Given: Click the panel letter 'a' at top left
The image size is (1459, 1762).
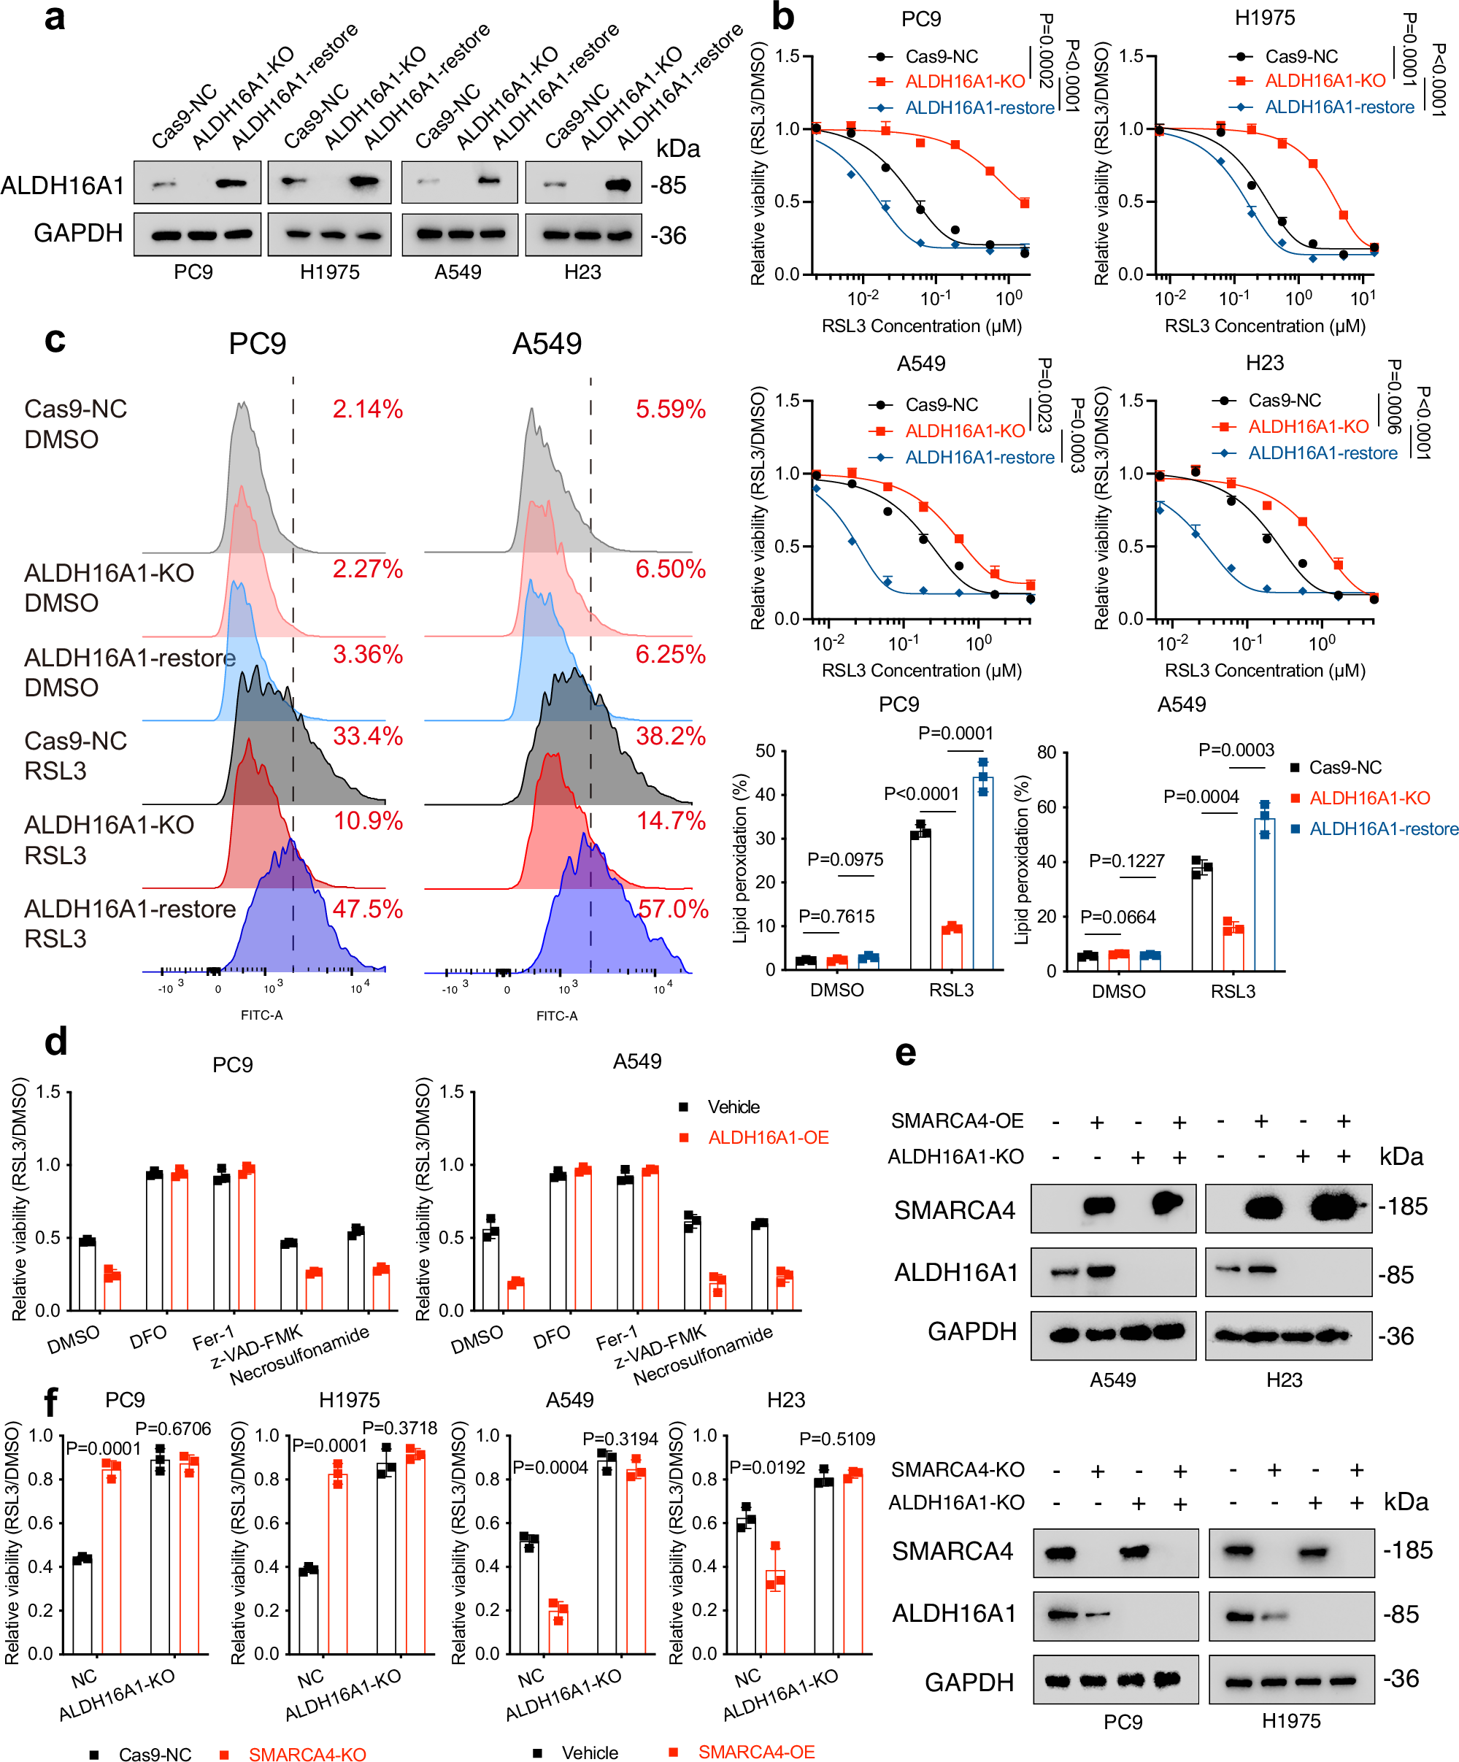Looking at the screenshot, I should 55,18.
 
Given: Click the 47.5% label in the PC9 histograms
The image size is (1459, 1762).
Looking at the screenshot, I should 367,909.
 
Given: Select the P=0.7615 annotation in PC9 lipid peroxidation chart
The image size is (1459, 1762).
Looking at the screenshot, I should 836,916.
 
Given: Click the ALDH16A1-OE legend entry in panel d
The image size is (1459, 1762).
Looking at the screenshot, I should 768,1138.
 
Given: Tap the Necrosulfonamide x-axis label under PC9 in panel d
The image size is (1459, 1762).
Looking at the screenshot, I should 299,1355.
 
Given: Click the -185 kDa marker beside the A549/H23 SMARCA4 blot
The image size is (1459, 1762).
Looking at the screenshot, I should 1402,1207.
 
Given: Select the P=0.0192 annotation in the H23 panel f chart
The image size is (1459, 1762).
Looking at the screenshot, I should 767,1468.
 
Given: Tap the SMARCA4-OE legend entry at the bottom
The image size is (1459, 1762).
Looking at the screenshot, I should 756,1752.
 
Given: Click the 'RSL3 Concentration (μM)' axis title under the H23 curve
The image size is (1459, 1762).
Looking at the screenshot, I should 1264,670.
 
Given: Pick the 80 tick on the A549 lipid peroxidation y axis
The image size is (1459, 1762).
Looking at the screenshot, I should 1045,752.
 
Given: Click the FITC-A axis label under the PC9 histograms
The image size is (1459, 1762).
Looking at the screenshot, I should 262,1015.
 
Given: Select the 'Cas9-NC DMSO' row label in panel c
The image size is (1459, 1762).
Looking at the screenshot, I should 75,424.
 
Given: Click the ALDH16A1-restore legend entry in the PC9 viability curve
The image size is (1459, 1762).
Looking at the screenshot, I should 979,107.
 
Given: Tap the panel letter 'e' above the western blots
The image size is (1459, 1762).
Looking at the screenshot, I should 905,1054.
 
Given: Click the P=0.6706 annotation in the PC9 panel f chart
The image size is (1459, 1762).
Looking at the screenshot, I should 173,1428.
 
